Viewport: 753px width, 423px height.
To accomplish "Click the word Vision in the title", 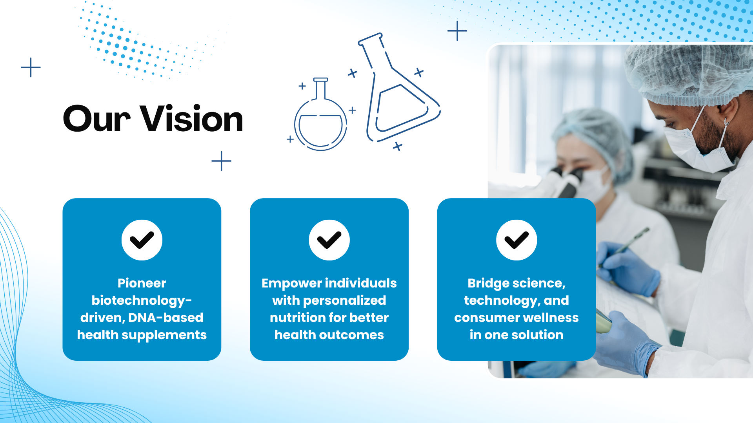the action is pos(192,118).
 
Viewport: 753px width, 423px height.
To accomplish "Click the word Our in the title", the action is pos(97,119).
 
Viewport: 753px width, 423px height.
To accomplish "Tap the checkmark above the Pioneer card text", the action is pos(142,240).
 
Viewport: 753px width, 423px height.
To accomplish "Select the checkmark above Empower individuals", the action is pos(329,240).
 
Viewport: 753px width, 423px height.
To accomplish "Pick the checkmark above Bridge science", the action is pos(517,240).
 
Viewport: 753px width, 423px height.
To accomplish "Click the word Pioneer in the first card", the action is pos(142,283).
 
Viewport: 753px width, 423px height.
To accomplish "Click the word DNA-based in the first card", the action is pos(166,318).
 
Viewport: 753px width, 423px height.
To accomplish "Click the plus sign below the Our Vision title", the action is pos(221,161).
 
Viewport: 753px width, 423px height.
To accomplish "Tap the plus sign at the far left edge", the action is pos(31,67).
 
